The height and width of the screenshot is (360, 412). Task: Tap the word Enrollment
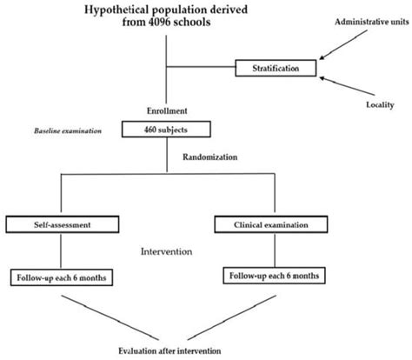point(165,111)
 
